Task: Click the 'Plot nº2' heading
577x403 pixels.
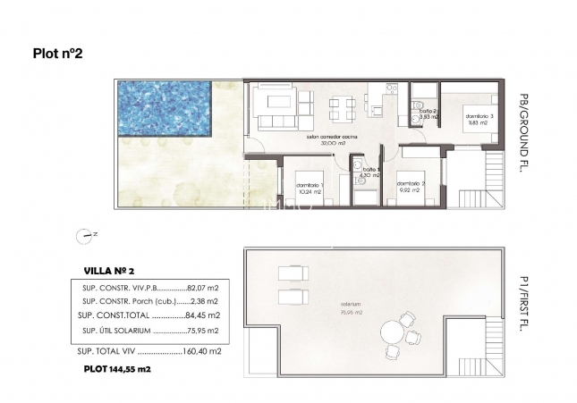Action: pos(57,54)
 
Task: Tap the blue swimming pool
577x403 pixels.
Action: pos(163,108)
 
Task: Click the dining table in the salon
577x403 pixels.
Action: pos(341,108)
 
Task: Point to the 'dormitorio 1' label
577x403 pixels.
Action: pos(310,185)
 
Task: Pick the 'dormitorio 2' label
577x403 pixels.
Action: pos(412,185)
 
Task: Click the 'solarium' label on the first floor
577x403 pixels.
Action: pos(338,303)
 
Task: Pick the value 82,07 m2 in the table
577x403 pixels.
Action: pos(203,289)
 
